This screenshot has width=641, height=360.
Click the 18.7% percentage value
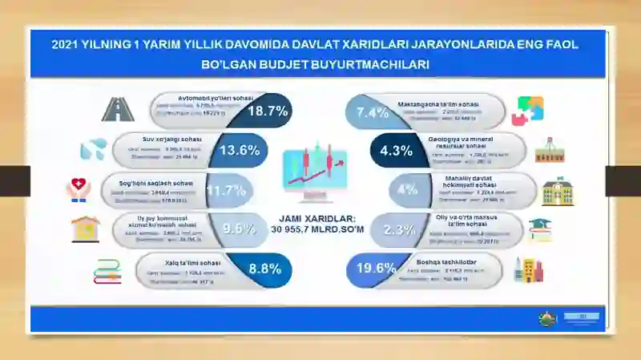point(268,111)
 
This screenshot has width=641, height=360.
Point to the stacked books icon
point(107,270)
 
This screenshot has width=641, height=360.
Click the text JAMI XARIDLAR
point(318,217)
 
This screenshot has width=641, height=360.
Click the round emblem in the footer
point(545,318)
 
